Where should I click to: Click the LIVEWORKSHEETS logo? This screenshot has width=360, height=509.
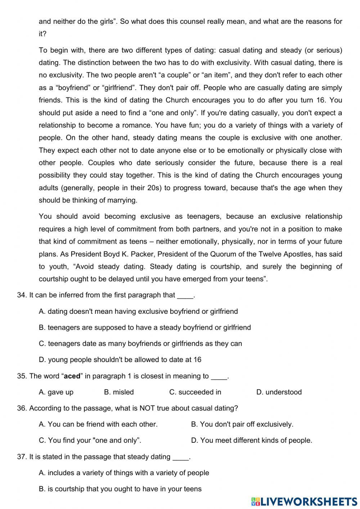(x=304, y=501)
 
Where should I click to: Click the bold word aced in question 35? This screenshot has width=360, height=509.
(x=72, y=376)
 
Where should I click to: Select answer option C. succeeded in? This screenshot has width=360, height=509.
(x=195, y=392)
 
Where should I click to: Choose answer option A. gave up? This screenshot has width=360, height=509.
(x=56, y=392)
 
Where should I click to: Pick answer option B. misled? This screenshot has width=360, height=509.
(x=119, y=392)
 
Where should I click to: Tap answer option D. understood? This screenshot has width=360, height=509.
(x=279, y=392)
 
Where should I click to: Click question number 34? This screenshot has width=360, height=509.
(x=22, y=295)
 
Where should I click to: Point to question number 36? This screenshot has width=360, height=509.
(x=22, y=408)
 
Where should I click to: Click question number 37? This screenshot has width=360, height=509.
(x=22, y=457)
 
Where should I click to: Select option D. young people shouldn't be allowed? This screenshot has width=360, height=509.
(x=120, y=360)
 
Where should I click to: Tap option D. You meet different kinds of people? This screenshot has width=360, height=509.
(x=252, y=440)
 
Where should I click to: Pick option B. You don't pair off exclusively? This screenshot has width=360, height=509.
(x=242, y=424)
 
